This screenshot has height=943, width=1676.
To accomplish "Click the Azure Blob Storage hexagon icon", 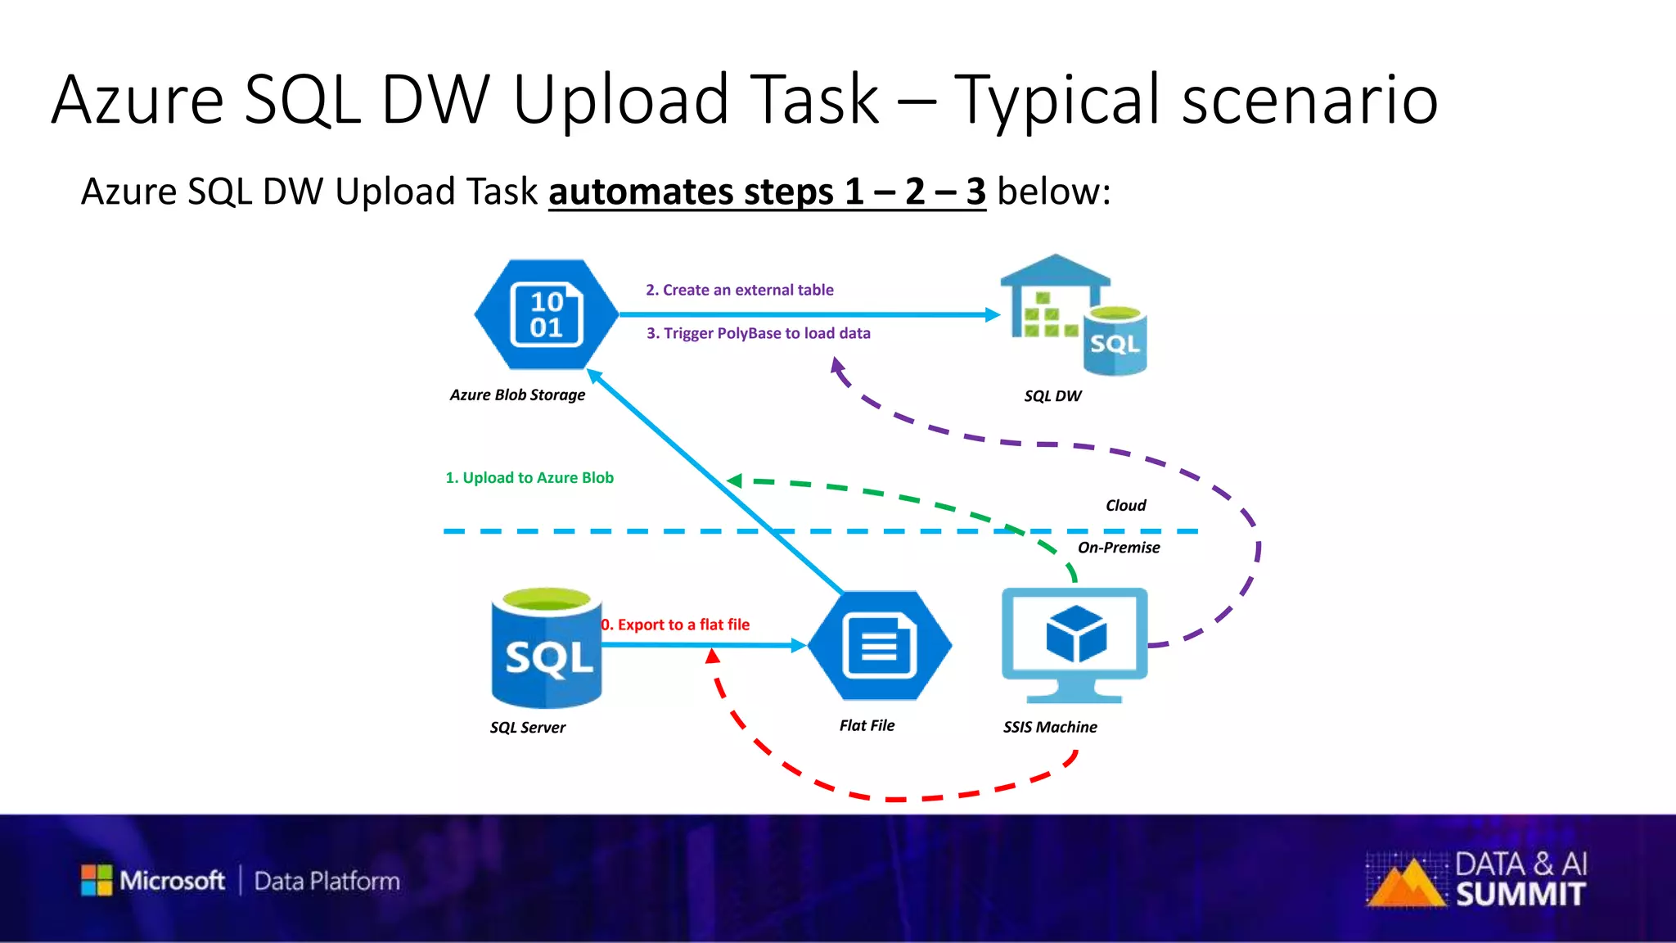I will tap(546, 314).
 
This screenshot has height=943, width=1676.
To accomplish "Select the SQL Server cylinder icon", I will tap(547, 648).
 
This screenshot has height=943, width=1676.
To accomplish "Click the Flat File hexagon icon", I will tap(880, 645).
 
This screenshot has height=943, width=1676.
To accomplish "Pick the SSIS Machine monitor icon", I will tap(1075, 643).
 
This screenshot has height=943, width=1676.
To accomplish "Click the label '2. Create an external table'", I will tap(739, 290).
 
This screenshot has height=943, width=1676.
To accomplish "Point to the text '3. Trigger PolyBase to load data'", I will tap(758, 333).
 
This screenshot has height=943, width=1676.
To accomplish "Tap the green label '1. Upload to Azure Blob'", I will tap(529, 478).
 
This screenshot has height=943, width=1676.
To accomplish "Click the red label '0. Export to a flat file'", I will tap(676, 625).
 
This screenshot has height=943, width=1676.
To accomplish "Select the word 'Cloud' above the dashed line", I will tap(1125, 506).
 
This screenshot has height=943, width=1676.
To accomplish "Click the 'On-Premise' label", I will tap(1118, 548).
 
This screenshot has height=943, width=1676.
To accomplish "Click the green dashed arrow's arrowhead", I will tap(735, 481).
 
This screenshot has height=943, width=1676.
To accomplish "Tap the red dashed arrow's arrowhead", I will tap(713, 656).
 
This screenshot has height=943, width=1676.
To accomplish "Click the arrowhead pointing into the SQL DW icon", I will tap(993, 314).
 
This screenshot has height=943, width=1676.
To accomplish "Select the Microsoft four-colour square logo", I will tap(97, 880).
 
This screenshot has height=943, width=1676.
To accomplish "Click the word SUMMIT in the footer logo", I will tap(1520, 895).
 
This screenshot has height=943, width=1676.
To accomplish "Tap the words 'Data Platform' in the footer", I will tap(327, 882).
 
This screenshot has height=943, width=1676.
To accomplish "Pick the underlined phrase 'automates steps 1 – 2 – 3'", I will tap(767, 192).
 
